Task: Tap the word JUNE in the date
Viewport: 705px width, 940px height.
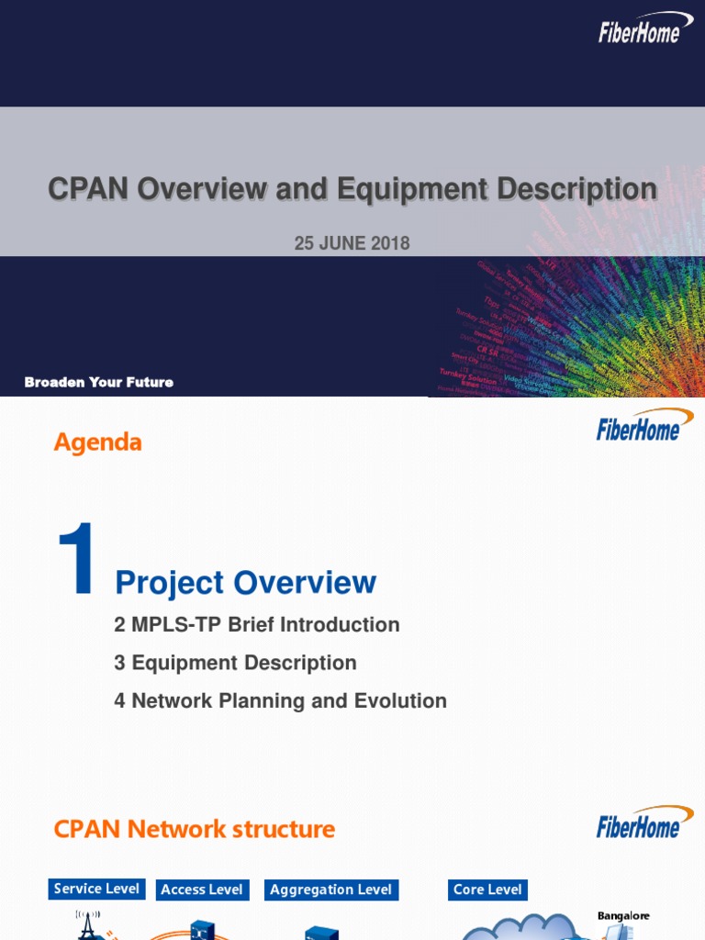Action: coord(344,243)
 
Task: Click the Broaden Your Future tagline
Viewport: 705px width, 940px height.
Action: coord(99,382)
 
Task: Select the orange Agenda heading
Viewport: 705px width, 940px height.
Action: coord(97,442)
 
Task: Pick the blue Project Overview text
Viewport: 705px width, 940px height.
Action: coord(245,582)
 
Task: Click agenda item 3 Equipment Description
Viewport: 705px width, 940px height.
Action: coord(235,663)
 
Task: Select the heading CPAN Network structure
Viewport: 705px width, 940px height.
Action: coord(194,830)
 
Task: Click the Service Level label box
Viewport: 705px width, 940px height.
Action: coord(96,889)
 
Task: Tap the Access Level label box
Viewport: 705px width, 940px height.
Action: coord(202,890)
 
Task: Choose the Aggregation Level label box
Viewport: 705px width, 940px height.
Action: coord(330,890)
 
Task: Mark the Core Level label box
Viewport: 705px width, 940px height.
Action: coord(487,890)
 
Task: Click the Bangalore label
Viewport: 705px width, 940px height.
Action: coord(623,916)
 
